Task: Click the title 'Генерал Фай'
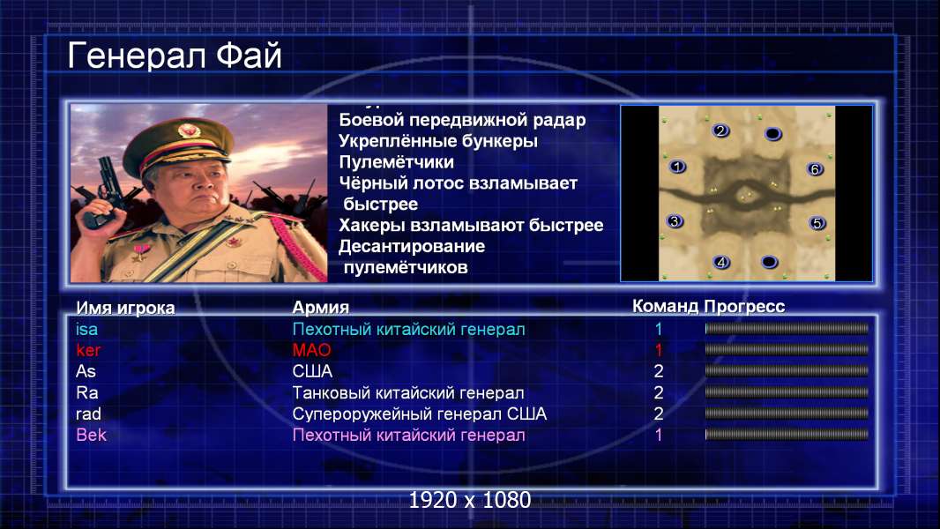click(x=175, y=56)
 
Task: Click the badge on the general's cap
click(x=187, y=130)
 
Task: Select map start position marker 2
click(x=720, y=130)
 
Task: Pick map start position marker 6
click(x=815, y=169)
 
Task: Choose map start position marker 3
click(x=675, y=221)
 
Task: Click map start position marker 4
click(x=721, y=262)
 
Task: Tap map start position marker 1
click(x=677, y=167)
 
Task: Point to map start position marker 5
click(x=817, y=223)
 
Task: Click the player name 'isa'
click(x=87, y=329)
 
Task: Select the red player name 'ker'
click(x=88, y=350)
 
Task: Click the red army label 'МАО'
click(x=312, y=350)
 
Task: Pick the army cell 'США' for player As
click(x=312, y=371)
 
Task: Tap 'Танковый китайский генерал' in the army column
click(x=408, y=393)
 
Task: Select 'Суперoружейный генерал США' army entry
click(x=420, y=414)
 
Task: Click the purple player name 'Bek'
click(x=91, y=435)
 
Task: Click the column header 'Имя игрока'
click(x=125, y=308)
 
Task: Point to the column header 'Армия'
click(x=321, y=308)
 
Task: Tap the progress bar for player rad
click(x=787, y=414)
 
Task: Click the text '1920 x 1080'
click(x=470, y=500)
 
